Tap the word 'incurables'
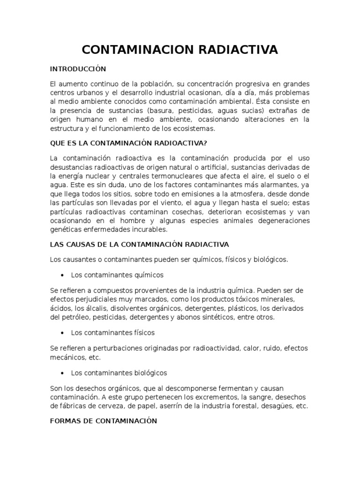pos(150,230)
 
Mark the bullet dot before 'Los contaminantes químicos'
pos(63,275)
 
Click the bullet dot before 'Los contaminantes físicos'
pos(63,333)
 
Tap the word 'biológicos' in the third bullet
pos(150,373)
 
